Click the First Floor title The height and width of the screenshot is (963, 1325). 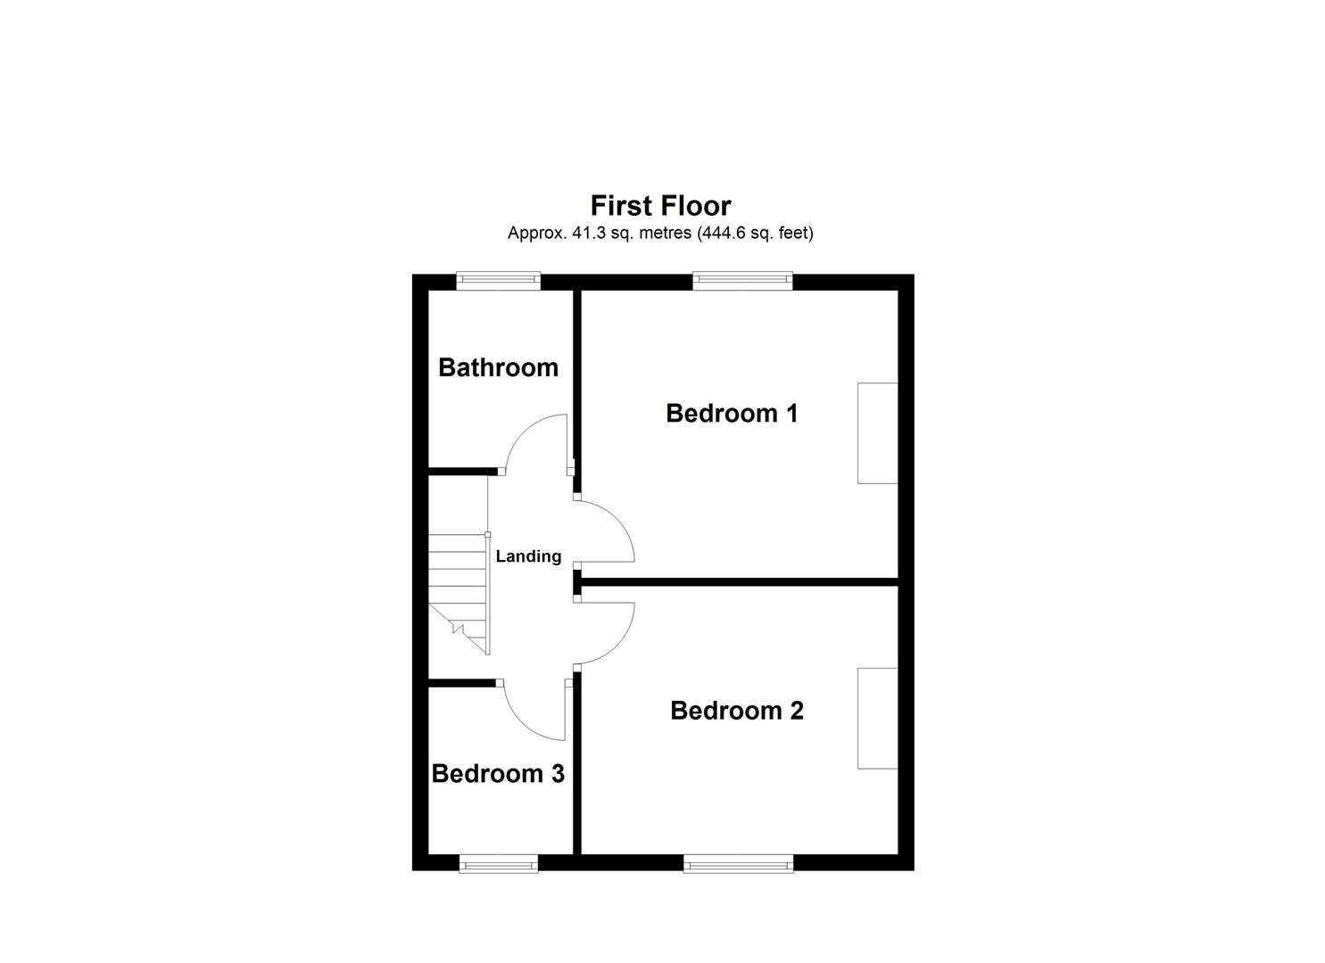coord(660,206)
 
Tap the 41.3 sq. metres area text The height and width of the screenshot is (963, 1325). coord(660,234)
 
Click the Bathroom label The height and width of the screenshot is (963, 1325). coord(498,367)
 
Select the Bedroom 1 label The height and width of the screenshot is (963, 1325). coord(732,414)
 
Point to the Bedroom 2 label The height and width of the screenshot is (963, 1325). coord(736,711)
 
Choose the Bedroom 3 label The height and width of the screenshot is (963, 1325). coord(497,774)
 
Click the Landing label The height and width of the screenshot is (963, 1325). coord(528,556)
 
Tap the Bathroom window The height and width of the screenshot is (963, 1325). coord(499,281)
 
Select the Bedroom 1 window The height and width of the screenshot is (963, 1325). coord(742,281)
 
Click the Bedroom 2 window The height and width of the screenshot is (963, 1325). coord(738,862)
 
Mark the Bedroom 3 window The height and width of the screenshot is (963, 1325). coord(499,862)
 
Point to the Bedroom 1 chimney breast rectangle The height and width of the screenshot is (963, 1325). coord(877,433)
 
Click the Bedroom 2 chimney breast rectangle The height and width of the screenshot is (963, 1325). coord(877,718)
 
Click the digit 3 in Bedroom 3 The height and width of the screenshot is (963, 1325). coord(556,774)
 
